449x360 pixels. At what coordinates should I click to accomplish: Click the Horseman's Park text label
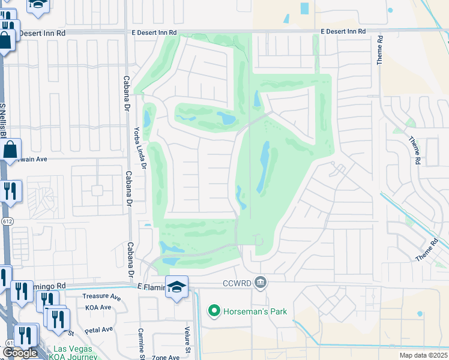click(x=255, y=311)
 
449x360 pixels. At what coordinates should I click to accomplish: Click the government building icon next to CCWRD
click(x=260, y=281)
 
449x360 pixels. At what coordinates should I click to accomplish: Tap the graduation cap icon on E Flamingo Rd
click(x=177, y=287)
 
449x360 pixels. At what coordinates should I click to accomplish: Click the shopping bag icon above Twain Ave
click(x=11, y=149)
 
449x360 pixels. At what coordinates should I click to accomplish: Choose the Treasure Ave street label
click(x=101, y=297)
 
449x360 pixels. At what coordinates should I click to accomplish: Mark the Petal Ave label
click(x=98, y=329)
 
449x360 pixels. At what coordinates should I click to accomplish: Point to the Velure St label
click(x=187, y=341)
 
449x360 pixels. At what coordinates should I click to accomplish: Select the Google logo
click(x=20, y=353)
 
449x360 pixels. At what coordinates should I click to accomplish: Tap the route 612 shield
click(x=5, y=221)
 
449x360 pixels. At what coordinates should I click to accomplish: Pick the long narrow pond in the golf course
click(x=264, y=167)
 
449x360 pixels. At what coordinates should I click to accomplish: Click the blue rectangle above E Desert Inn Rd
click(x=304, y=8)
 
